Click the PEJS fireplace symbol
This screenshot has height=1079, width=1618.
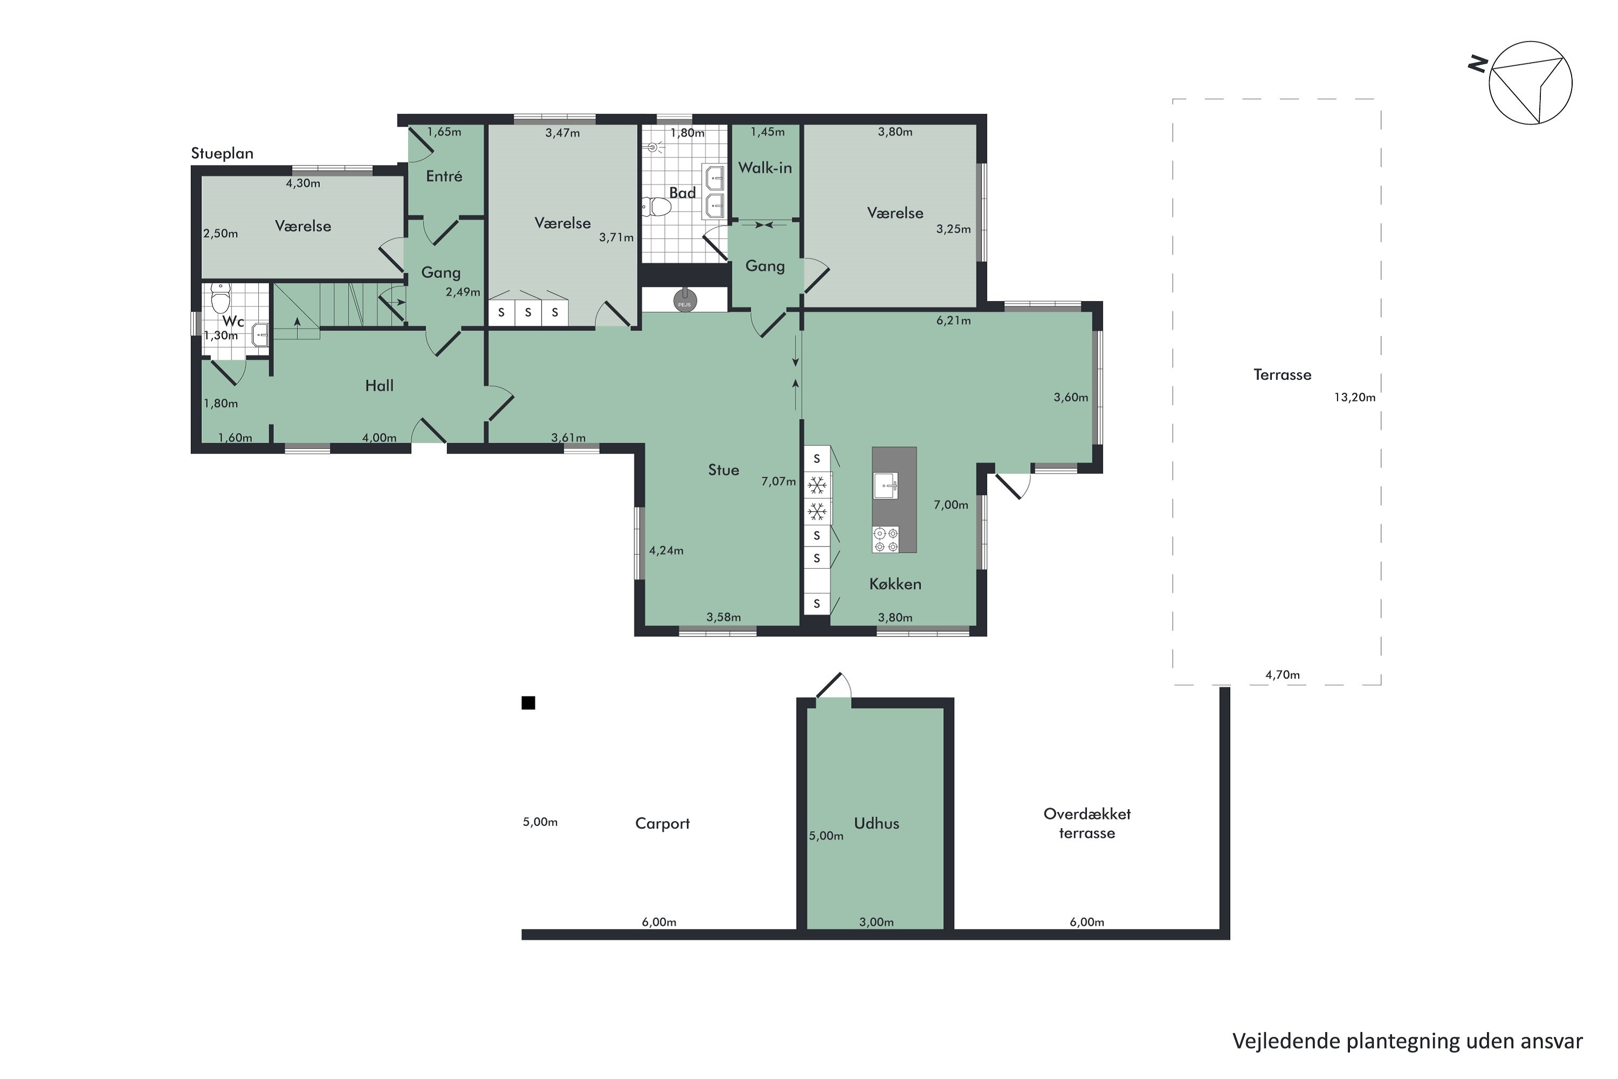(x=684, y=300)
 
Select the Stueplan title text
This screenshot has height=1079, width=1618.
(x=222, y=153)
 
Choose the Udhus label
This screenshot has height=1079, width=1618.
(x=876, y=824)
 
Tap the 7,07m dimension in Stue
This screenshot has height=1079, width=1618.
(x=778, y=482)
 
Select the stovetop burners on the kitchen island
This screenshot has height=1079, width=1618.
(x=886, y=539)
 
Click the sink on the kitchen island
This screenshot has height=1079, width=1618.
(x=886, y=486)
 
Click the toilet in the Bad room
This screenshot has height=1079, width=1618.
(x=656, y=206)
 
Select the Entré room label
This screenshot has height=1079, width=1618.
(x=444, y=176)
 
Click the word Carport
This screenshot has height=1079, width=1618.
(x=662, y=824)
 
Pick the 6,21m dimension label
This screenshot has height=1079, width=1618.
(x=954, y=320)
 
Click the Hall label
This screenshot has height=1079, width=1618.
(x=379, y=386)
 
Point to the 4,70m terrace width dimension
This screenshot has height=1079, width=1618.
(x=1283, y=675)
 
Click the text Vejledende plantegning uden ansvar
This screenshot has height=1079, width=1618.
(x=1408, y=1042)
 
